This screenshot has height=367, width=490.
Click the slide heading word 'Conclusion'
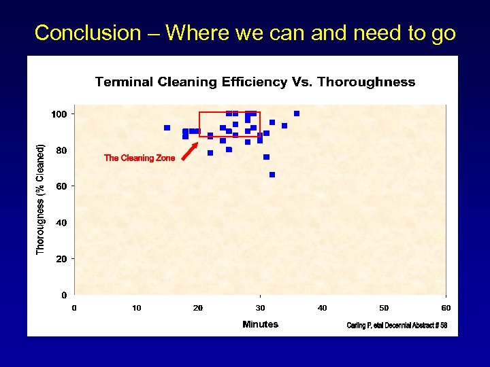[x=87, y=33]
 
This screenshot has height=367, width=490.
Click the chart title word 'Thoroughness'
[x=366, y=82]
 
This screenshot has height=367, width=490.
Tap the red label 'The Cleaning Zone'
[x=140, y=158]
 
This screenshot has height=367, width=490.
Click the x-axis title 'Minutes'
[x=260, y=324]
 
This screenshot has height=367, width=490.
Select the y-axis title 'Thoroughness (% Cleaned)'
[x=41, y=200]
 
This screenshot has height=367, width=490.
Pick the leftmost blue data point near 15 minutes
[x=167, y=128]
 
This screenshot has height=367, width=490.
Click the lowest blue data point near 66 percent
[x=272, y=175]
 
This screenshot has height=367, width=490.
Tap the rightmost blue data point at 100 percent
[x=297, y=113]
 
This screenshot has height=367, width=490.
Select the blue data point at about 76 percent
[x=266, y=157]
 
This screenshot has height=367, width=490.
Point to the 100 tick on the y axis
[x=59, y=113]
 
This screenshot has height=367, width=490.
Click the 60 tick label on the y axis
[x=61, y=186]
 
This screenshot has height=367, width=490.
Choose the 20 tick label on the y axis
[x=61, y=259]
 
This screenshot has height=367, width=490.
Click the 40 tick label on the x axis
[x=323, y=308]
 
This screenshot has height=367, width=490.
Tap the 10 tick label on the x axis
[x=137, y=308]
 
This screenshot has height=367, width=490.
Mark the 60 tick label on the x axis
[x=446, y=308]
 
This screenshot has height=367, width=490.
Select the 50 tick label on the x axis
[x=385, y=308]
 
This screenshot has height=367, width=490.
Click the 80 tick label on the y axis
[x=61, y=150]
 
